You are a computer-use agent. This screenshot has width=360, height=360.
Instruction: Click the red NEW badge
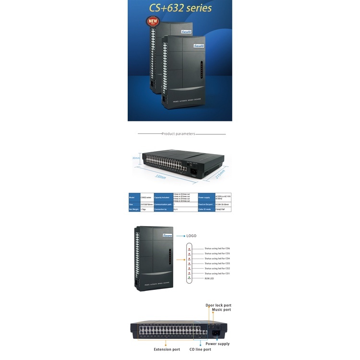[x=152, y=21]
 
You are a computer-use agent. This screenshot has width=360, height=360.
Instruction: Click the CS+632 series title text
[x=180, y=8]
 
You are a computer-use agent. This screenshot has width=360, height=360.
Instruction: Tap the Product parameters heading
[x=178, y=134]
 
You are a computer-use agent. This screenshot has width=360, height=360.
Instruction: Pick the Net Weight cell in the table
[x=134, y=210]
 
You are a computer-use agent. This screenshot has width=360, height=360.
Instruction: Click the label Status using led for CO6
[x=217, y=249]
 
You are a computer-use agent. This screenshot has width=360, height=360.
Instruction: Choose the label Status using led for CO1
[x=217, y=273]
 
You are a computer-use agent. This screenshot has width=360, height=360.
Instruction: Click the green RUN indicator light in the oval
[x=189, y=277]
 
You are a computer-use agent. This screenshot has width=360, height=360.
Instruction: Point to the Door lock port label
[x=218, y=305]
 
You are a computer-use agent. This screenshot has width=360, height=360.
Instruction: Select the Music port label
[x=221, y=310]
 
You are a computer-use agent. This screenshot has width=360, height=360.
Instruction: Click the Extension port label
[x=167, y=349]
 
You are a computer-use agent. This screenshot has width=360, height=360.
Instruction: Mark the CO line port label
[x=200, y=349]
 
